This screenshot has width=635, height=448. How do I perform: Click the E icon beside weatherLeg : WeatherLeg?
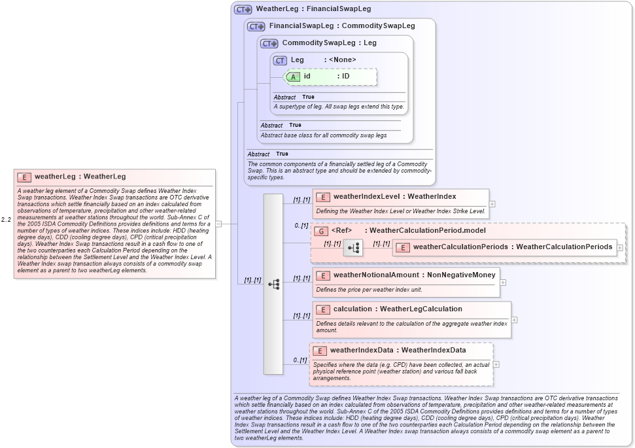click(24, 177)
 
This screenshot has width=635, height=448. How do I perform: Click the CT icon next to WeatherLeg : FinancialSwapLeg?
click(243, 9)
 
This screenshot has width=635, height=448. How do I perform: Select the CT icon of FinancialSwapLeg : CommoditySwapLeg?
click(256, 27)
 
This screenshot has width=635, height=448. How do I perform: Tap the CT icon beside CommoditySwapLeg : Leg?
click(269, 43)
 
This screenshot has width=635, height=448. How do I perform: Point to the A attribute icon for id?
click(294, 77)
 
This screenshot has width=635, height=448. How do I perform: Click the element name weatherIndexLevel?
click(366, 196)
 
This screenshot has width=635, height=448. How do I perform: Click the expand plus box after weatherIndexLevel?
click(492, 203)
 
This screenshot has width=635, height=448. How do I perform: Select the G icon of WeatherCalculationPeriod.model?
click(320, 231)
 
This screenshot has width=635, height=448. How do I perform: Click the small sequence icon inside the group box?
click(353, 248)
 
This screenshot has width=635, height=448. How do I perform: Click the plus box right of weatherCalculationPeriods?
click(620, 248)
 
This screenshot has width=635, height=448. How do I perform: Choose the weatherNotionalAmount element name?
click(376, 275)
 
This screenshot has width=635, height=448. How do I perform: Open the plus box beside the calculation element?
click(515, 320)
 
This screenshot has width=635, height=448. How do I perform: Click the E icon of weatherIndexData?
click(318, 351)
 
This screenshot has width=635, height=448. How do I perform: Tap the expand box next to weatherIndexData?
click(496, 364)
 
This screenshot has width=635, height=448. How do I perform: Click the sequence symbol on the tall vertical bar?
click(273, 284)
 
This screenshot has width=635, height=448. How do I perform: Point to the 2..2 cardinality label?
click(6, 220)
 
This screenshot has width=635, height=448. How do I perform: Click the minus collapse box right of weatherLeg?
click(218, 224)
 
